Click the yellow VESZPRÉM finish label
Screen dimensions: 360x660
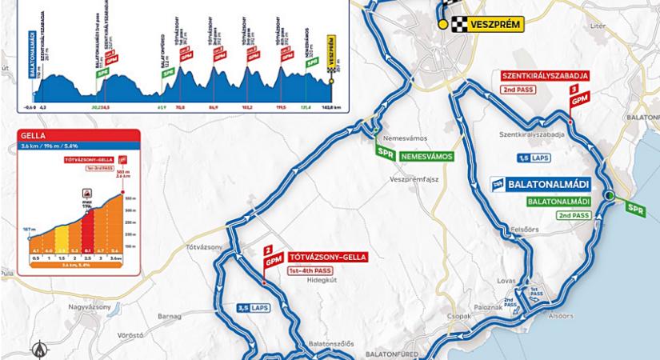(494, 25)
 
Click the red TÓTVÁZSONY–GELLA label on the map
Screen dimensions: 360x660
(326, 257)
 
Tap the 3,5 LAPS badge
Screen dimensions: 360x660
(254, 307)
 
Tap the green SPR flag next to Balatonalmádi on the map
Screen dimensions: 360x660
(635, 210)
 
